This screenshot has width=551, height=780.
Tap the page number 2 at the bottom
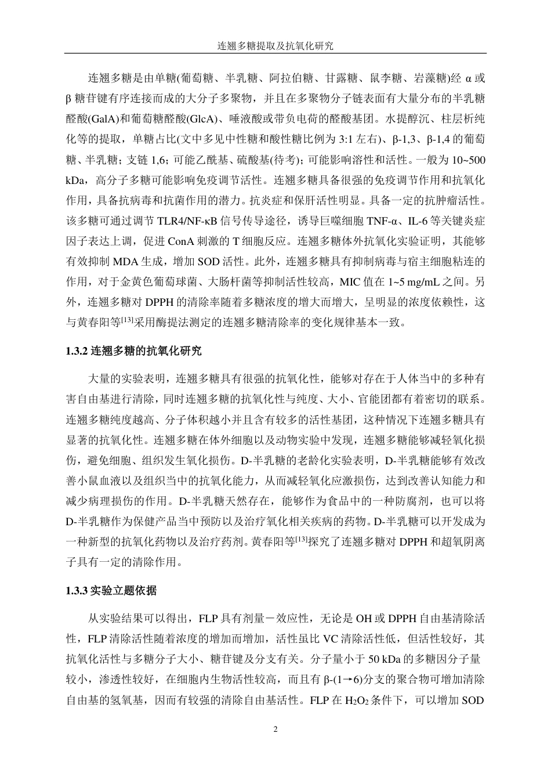click(x=275, y=730)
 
